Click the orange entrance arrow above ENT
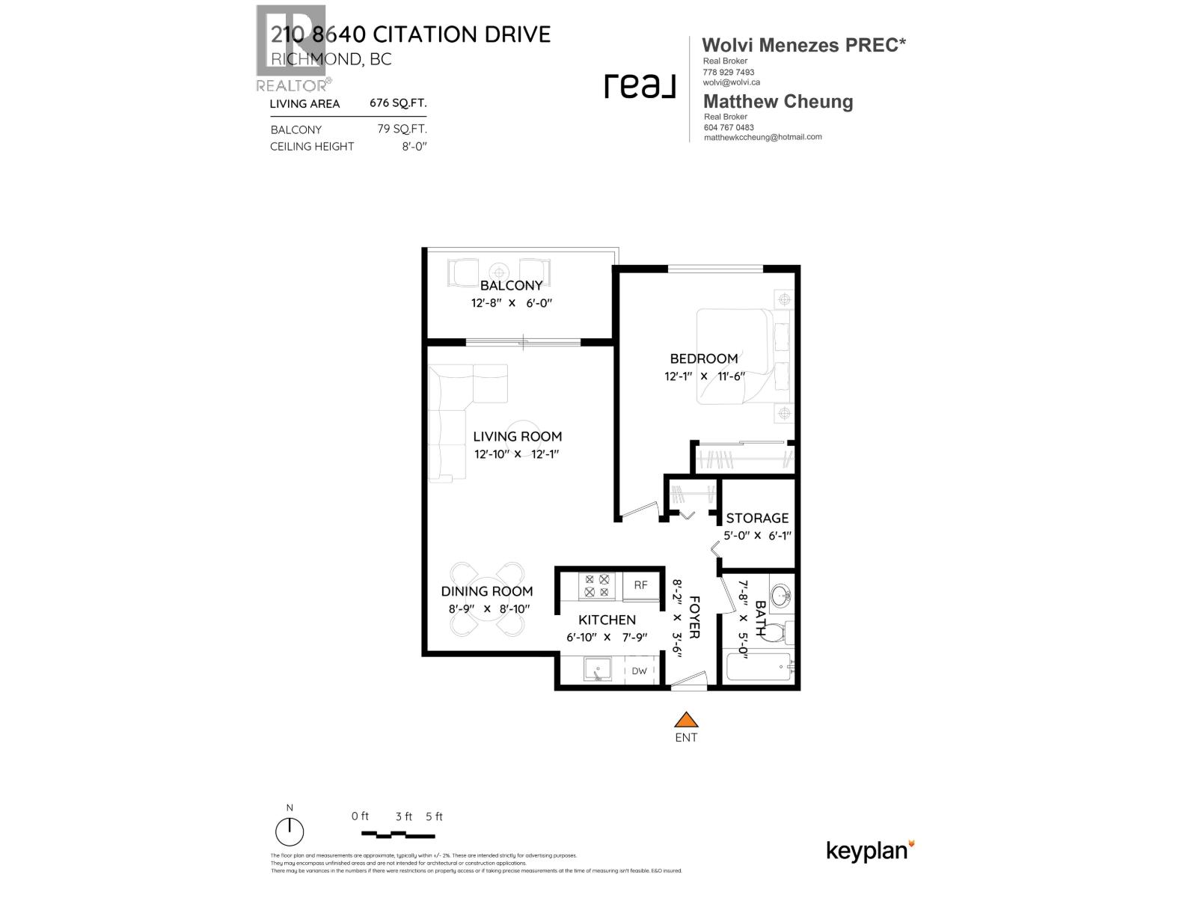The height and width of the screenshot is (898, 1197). pos(686,721)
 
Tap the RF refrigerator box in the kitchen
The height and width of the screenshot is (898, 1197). pos(640,585)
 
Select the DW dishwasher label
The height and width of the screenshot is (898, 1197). pos(639,671)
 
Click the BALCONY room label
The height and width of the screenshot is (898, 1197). pos(511,285)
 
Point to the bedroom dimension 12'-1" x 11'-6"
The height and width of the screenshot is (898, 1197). pos(705,376)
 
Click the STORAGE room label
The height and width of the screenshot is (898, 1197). pos(757,518)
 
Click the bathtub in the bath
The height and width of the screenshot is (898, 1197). pos(758,668)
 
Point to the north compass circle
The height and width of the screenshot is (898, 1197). pos(290,832)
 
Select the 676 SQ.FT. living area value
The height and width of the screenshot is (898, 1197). pos(398,103)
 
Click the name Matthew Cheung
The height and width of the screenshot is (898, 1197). pos(778,102)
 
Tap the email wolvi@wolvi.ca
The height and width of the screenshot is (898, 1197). pos(731,82)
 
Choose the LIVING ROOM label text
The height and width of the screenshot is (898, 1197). pos(517,436)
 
